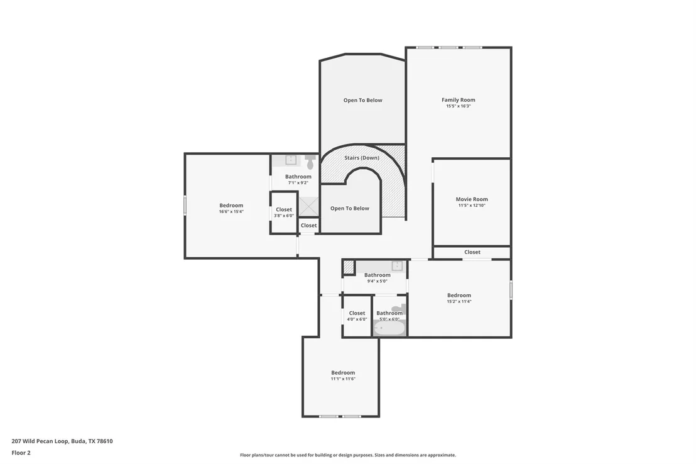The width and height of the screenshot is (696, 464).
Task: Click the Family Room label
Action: click(458, 100)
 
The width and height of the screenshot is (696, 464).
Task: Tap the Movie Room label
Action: click(471, 199)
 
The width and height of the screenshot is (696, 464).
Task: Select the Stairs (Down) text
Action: click(362, 158)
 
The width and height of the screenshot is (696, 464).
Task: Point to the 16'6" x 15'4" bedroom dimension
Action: click(231, 211)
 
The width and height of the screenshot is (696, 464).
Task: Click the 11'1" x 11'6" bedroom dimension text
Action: click(343, 378)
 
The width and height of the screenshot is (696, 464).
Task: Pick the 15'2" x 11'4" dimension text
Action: click(459, 301)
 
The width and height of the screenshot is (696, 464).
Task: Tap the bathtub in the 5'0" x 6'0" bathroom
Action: click(389, 328)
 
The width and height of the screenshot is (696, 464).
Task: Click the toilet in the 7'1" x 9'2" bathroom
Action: click(310, 162)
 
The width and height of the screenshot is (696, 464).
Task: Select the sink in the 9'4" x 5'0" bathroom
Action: click(397, 266)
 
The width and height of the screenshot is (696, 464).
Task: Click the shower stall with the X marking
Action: click(308, 206)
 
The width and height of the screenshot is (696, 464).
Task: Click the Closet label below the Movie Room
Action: click(472, 252)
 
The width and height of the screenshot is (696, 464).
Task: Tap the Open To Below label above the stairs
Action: click(362, 100)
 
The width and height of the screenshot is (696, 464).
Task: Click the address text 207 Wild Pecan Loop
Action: click(40, 441)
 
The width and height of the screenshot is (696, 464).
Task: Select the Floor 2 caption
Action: click(21, 453)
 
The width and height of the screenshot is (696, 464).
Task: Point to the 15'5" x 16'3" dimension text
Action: click(459, 106)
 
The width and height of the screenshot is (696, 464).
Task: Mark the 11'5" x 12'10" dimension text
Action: click(472, 206)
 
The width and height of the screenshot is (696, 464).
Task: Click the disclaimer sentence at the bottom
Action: click(348, 455)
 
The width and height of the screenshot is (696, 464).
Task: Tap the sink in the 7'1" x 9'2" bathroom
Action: click(291, 160)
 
